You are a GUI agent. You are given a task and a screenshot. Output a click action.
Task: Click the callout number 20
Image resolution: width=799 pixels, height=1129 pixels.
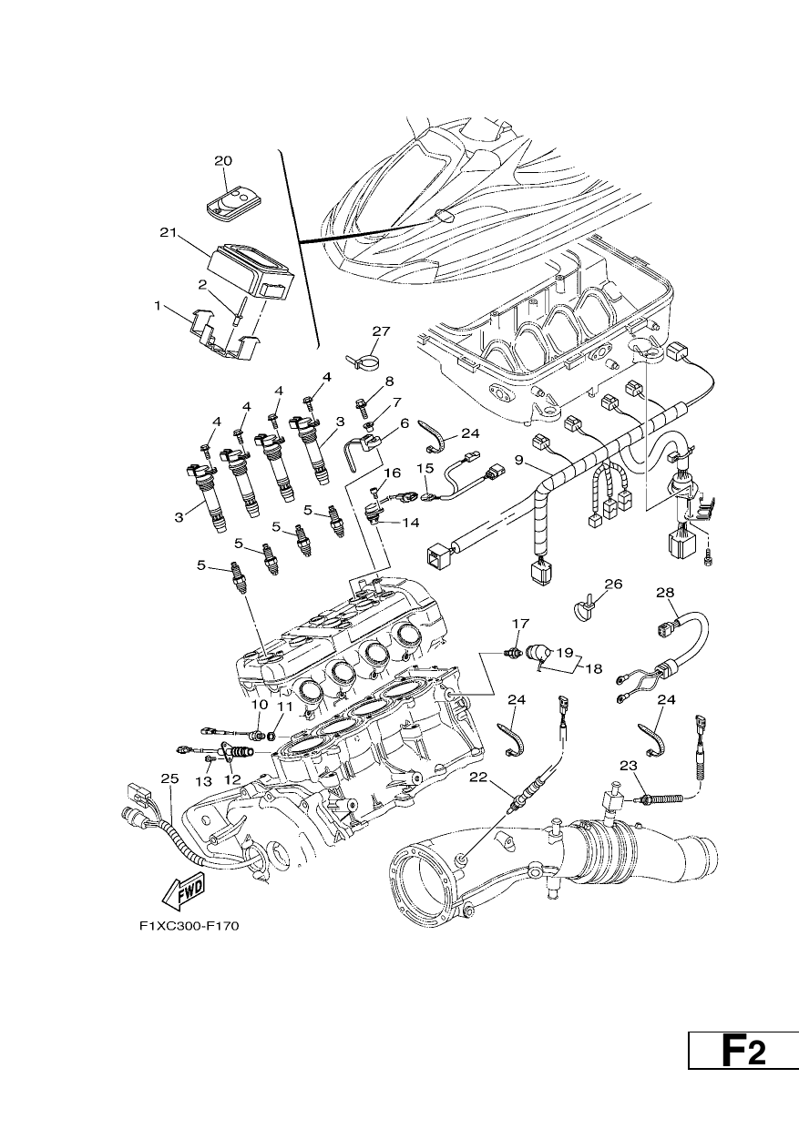coord(223,161)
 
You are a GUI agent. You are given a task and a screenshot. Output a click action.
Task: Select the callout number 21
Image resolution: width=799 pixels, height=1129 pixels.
coord(168,233)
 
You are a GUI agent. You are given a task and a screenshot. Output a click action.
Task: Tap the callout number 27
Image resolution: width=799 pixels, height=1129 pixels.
coord(382,331)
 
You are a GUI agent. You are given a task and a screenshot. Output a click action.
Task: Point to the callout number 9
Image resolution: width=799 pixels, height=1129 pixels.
coord(518,459)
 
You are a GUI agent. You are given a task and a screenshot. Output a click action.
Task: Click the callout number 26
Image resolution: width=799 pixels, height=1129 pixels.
coord(613,585)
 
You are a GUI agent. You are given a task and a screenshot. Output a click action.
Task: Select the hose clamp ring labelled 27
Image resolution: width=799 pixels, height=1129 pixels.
coord(364,361)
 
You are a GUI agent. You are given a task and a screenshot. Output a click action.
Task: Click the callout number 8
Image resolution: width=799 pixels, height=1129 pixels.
coord(389,381)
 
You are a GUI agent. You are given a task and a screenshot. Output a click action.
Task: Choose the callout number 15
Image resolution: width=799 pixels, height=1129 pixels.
coord(425,468)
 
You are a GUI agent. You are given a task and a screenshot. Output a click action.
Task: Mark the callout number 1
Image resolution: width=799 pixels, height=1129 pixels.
coord(158,305)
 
